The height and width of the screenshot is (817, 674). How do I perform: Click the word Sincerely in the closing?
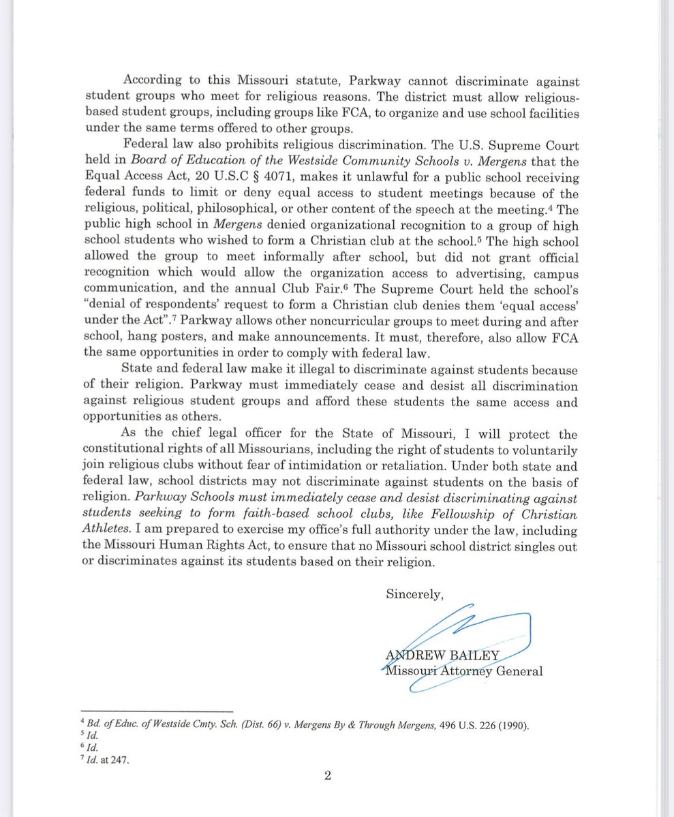pyautogui.click(x=414, y=593)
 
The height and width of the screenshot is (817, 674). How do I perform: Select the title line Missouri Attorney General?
pyautogui.click(x=464, y=671)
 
